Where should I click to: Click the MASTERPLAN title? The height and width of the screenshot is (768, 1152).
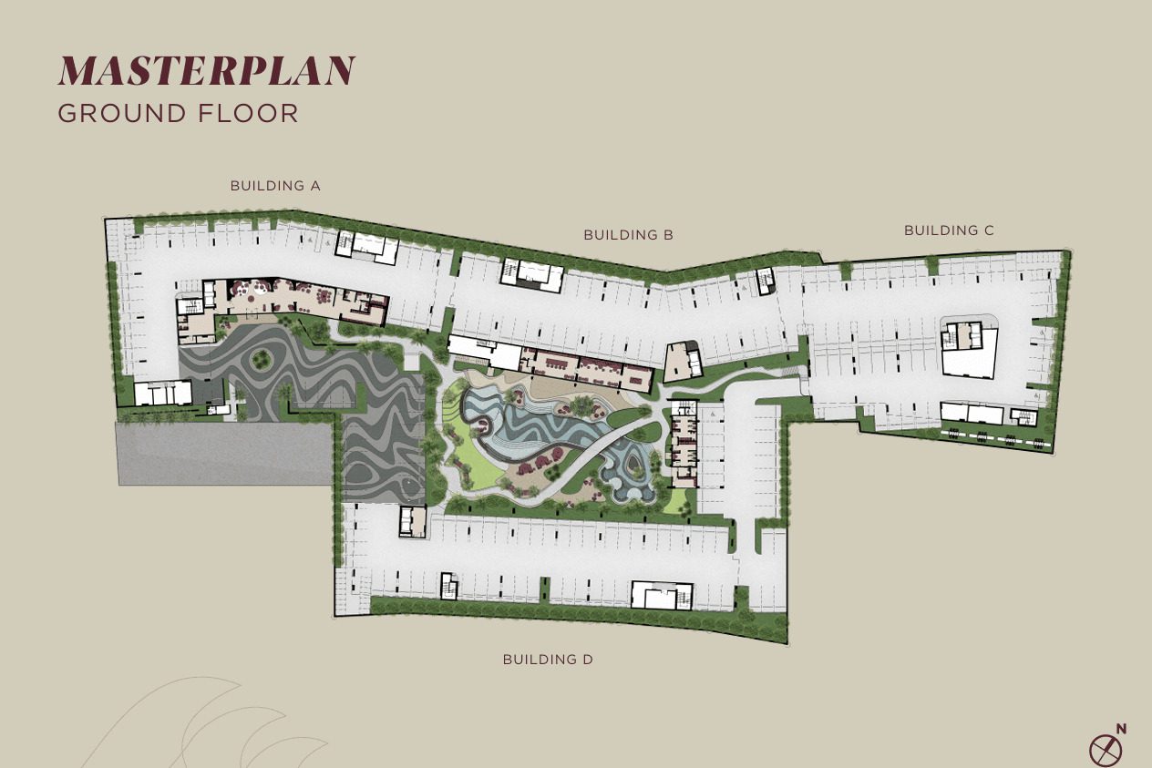point(206,70)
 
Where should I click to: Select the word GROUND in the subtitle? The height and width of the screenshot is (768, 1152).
point(121,113)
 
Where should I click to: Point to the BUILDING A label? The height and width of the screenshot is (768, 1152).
point(275,186)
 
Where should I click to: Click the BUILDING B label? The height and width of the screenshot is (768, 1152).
point(629,235)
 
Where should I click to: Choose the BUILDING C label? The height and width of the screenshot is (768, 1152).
point(949,230)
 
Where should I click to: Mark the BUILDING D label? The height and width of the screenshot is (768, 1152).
point(548,659)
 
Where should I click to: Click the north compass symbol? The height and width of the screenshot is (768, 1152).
point(1106,751)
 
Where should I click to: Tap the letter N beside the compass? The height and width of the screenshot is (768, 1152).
point(1122,729)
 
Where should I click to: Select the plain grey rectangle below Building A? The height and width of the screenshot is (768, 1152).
point(226,454)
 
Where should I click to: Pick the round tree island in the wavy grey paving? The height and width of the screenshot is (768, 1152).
point(262,359)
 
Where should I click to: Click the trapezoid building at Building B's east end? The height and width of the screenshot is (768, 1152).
point(683,362)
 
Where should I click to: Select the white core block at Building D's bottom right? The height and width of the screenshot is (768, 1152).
point(662,595)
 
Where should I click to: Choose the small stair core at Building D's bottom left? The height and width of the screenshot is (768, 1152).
point(449,585)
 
